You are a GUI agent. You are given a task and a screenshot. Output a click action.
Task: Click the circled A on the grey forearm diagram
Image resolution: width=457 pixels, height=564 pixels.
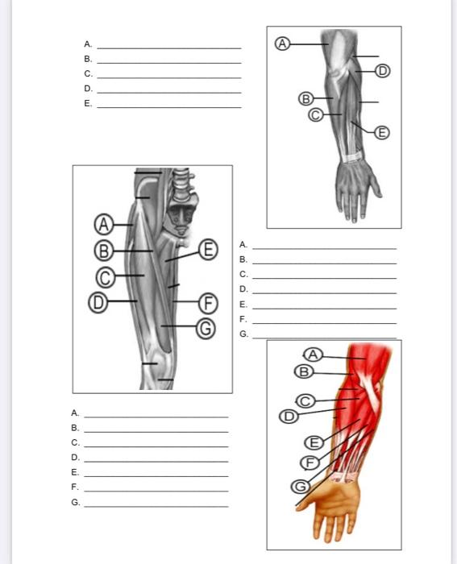[281, 44]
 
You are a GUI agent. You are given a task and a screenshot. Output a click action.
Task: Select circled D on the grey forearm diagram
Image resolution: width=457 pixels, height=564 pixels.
[382, 71]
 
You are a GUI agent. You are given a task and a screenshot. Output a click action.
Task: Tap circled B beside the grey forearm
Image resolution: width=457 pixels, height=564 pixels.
[305, 99]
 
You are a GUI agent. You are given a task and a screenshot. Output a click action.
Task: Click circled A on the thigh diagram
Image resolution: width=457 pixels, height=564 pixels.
[104, 223]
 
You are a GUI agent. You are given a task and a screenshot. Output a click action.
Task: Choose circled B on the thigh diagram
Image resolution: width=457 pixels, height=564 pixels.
[104, 250]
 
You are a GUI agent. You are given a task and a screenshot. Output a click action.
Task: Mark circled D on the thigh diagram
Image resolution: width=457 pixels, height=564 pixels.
[98, 301]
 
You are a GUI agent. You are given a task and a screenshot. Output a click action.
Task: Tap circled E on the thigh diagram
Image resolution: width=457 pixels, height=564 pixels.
[208, 248]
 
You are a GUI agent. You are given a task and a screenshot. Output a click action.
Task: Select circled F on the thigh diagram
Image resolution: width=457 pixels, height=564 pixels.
[208, 302]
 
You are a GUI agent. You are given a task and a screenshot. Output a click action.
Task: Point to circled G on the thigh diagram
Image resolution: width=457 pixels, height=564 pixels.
[206, 327]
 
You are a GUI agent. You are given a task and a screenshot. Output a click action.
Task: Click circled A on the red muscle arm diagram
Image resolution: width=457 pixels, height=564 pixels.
[314, 355]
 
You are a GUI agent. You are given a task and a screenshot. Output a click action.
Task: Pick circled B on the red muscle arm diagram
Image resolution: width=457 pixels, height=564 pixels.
[303, 371]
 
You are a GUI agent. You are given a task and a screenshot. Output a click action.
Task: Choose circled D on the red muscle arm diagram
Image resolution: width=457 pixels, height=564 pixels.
[288, 416]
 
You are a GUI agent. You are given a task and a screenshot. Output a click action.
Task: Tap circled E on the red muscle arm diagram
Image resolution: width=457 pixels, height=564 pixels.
[314, 442]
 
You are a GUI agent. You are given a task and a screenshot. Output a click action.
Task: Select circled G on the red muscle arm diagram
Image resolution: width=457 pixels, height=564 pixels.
[300, 486]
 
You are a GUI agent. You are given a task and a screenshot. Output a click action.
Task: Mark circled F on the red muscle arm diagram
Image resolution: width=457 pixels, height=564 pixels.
[308, 462]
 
